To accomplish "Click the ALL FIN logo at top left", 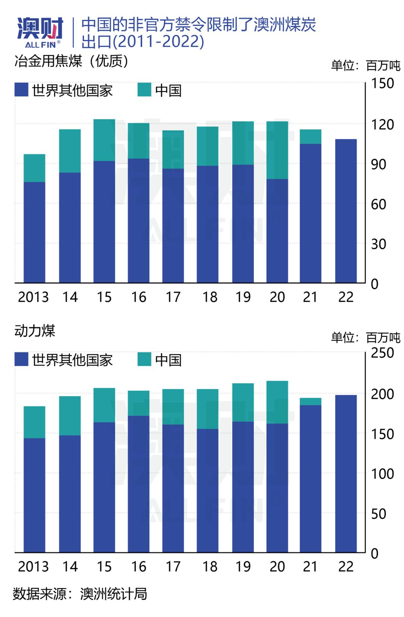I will point(40,33).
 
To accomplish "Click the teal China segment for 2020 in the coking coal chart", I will point(277,150).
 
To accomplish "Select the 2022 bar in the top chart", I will point(346,211).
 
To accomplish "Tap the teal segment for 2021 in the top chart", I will point(310,137).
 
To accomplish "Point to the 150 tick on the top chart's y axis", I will point(382,83).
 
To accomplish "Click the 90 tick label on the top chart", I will point(378,164).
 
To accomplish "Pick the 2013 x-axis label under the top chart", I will point(33,297).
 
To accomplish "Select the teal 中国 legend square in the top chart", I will point(144,90).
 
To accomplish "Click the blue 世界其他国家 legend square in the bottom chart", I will point(21,359).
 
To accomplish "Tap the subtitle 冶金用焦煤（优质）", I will point(71,61).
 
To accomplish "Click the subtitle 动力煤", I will point(35,331).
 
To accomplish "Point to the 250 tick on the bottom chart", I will point(382,353).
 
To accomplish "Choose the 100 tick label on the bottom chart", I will point(382,474).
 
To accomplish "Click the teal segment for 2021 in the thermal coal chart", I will point(310,401).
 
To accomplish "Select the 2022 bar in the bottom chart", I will point(346,473).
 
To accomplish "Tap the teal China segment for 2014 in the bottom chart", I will point(70,416).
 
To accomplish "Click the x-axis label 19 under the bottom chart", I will point(243,566).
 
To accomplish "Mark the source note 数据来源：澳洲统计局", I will point(80,594).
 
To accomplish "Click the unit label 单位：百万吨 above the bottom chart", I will point(365,337).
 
